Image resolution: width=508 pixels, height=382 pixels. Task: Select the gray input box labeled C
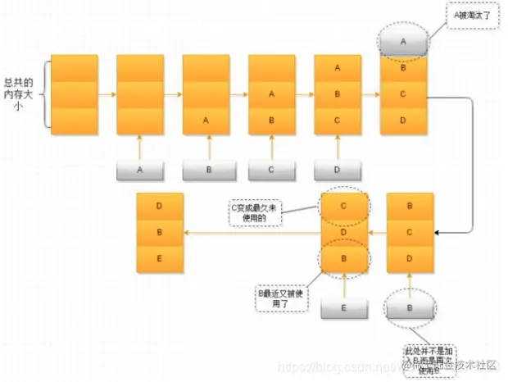[272, 170]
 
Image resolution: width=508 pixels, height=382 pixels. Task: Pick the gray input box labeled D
[338, 170]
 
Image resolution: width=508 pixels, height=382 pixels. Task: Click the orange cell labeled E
[159, 258]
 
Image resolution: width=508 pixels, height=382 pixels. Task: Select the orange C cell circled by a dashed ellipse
[344, 207]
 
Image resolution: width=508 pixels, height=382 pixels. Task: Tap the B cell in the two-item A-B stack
[271, 121]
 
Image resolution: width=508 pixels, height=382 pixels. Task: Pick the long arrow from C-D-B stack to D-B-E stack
[251, 234]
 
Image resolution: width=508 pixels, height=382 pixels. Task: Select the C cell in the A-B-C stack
[338, 121]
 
